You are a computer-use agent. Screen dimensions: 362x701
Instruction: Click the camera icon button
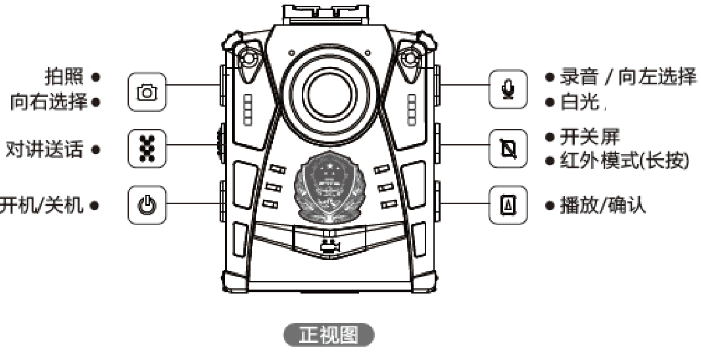[x=147, y=90]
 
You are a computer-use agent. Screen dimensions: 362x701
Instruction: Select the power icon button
[x=147, y=204]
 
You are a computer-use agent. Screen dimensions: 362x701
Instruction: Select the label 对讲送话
[x=45, y=149]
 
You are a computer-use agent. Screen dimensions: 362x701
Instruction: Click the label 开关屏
[x=587, y=137]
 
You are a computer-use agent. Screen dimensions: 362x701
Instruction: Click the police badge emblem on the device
[x=329, y=186]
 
